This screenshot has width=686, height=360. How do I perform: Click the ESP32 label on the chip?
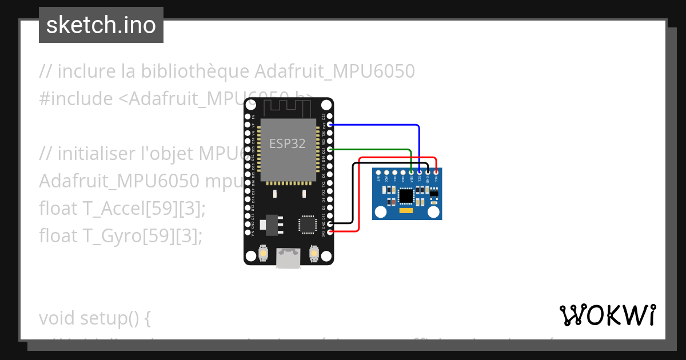tap(288, 143)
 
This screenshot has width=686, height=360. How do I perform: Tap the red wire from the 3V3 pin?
tap(359, 200)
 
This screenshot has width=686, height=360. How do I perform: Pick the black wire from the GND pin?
tap(352, 194)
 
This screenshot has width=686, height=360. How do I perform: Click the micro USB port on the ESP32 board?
tap(288, 258)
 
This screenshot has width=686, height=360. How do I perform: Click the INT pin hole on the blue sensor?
tap(378, 172)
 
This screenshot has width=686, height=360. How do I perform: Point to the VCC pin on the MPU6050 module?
tap(436, 171)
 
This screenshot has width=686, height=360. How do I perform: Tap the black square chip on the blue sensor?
tap(406, 196)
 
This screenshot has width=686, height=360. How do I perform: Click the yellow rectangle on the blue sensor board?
tap(406, 212)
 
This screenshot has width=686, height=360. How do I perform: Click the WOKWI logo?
tap(608, 315)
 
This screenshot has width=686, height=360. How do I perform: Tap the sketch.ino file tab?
tap(101, 25)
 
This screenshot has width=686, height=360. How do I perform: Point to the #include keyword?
tap(76, 99)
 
